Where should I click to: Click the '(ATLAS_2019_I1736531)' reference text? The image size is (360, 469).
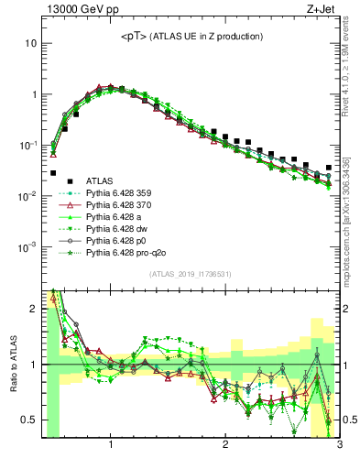[x=190, y=274]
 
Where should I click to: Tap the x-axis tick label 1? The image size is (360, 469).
[x=111, y=446]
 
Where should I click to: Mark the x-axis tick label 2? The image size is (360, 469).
[x=225, y=446]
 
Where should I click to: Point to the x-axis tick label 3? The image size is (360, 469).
[x=338, y=446]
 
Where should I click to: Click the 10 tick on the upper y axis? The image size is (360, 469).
[x=31, y=43]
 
